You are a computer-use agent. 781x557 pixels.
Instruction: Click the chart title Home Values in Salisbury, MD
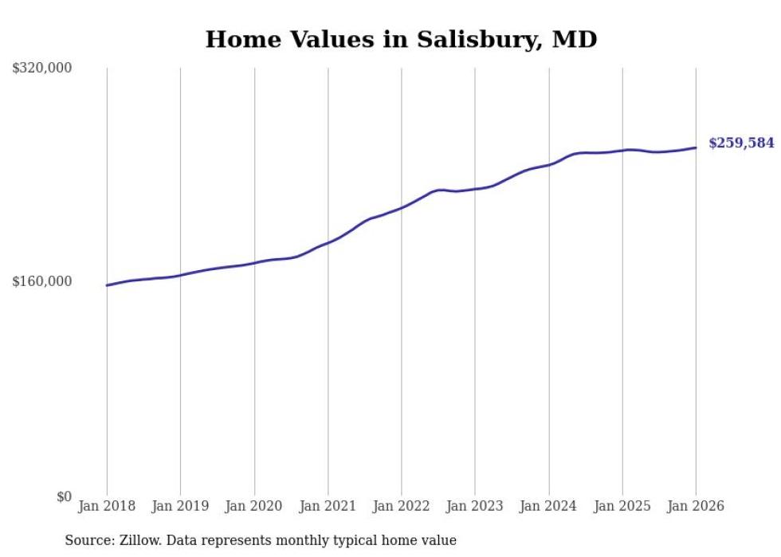click(401, 39)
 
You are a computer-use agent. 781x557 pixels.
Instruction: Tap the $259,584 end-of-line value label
click(741, 143)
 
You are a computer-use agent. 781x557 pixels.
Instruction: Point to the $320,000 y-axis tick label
click(42, 69)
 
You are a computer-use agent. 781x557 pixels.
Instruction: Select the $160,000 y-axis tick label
click(42, 281)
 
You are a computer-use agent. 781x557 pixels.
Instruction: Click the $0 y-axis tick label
click(64, 496)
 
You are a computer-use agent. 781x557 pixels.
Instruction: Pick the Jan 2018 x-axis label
click(107, 507)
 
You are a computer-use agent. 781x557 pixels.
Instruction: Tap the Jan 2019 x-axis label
click(180, 507)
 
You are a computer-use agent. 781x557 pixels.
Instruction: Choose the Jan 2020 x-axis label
click(254, 507)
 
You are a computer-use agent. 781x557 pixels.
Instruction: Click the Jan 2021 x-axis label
click(328, 507)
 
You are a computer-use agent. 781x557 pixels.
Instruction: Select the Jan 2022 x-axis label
click(402, 507)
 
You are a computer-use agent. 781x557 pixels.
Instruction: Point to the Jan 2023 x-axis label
click(475, 507)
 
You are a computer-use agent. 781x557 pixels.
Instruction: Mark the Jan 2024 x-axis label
click(549, 507)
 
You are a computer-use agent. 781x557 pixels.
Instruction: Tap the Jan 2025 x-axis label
click(622, 507)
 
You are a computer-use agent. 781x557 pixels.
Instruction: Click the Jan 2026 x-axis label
click(696, 507)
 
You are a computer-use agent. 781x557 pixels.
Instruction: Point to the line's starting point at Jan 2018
click(107, 285)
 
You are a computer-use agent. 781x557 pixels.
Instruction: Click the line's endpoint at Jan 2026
click(696, 147)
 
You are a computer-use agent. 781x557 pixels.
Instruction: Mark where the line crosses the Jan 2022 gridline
click(402, 207)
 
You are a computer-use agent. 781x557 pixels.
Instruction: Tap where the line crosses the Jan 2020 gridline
click(254, 263)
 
